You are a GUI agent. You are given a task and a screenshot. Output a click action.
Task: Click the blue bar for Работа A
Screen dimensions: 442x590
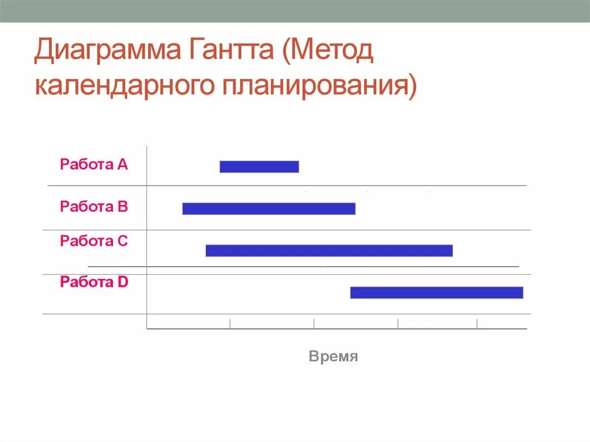tap(259, 167)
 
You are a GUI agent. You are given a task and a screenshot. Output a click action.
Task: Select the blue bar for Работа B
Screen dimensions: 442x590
tap(268, 209)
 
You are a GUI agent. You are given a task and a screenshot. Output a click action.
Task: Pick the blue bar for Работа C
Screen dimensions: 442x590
tap(329, 251)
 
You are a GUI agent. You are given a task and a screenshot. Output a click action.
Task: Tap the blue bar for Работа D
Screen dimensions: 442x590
tap(436, 292)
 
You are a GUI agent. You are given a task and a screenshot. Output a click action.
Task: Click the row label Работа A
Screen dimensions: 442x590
tap(93, 165)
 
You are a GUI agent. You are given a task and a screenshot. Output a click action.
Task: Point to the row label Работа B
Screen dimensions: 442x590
tap(93, 206)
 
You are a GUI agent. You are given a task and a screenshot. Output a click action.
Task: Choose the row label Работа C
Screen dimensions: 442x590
tap(93, 241)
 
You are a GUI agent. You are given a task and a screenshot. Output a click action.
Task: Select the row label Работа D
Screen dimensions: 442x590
tap(93, 282)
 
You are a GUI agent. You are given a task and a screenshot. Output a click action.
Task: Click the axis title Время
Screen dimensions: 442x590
tap(334, 357)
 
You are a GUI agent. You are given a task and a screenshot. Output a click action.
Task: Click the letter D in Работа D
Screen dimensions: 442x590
tap(123, 282)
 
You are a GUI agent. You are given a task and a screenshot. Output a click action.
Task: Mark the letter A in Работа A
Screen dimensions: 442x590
tap(123, 165)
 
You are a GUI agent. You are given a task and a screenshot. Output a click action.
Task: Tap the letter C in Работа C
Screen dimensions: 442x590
tap(123, 241)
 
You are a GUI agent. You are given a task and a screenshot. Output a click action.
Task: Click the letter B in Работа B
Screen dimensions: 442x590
tap(123, 206)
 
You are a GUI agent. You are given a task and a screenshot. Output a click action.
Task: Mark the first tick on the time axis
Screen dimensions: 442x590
tap(230, 324)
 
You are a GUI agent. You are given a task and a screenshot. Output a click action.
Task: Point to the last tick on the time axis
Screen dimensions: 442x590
tap(477, 324)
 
